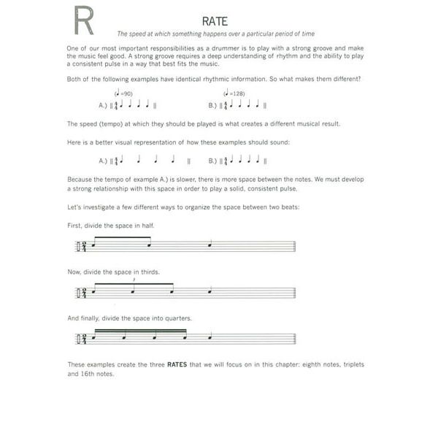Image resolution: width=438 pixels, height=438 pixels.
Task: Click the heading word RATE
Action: (217, 21)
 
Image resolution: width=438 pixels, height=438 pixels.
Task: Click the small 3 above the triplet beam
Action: (134, 280)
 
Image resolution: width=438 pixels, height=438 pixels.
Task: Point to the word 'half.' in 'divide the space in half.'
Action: (145, 226)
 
